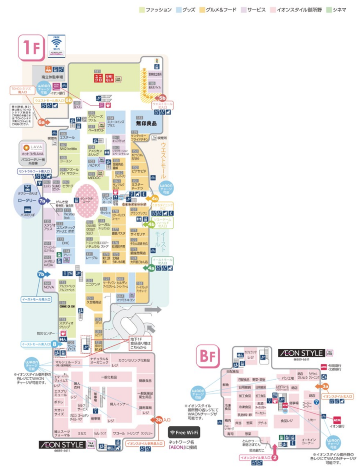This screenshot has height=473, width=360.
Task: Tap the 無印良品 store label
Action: click(x=146, y=123)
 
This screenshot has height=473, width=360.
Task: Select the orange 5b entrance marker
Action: click(x=162, y=97)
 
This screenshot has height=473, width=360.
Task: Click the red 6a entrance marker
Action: click(x=42, y=122)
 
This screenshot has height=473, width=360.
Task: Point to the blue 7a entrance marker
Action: click(x=42, y=201)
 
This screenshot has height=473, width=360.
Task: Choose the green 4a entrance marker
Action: click(x=151, y=267)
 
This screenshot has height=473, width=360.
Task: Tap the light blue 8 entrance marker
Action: click(x=54, y=344)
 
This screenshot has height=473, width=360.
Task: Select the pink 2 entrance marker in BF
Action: click(x=275, y=458)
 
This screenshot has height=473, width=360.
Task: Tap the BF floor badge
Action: click(x=208, y=355)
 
